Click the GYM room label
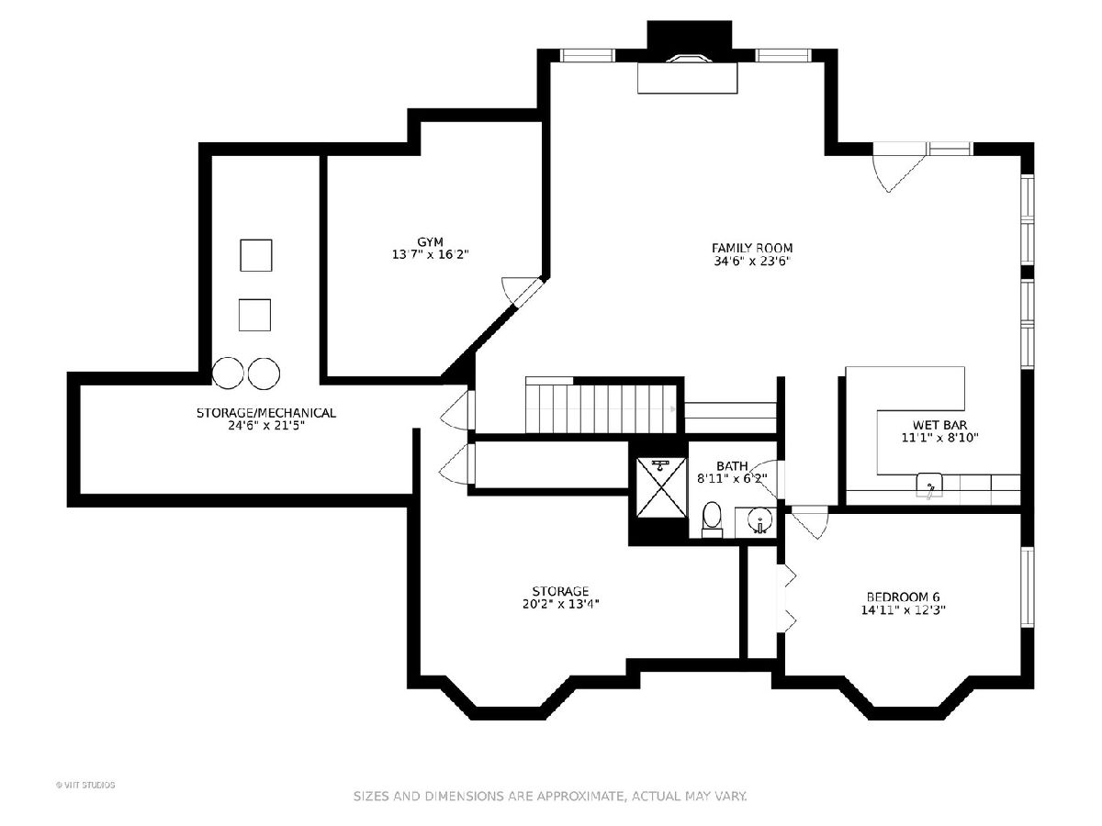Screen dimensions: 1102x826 click(x=430, y=241)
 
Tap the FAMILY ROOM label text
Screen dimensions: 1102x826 click(x=752, y=248)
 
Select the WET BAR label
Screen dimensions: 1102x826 click(x=939, y=425)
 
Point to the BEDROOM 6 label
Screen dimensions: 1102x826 click(x=904, y=597)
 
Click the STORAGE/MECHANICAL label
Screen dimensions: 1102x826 click(x=266, y=413)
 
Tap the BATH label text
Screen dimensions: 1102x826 click(x=732, y=466)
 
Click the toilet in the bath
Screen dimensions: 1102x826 click(x=712, y=519)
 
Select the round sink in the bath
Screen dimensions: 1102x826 click(x=760, y=519)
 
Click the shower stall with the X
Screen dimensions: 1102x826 click(x=662, y=487)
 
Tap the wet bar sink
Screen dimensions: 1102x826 click(x=929, y=486)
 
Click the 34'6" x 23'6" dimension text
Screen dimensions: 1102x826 click(x=752, y=261)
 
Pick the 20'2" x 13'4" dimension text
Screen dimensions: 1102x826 click(x=560, y=604)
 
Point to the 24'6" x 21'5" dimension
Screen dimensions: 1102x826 click(x=266, y=426)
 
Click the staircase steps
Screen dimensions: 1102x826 click(x=601, y=407)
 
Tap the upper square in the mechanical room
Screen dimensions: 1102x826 click(x=256, y=255)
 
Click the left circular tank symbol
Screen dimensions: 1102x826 click(x=228, y=374)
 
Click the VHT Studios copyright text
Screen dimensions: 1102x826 click(x=85, y=785)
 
